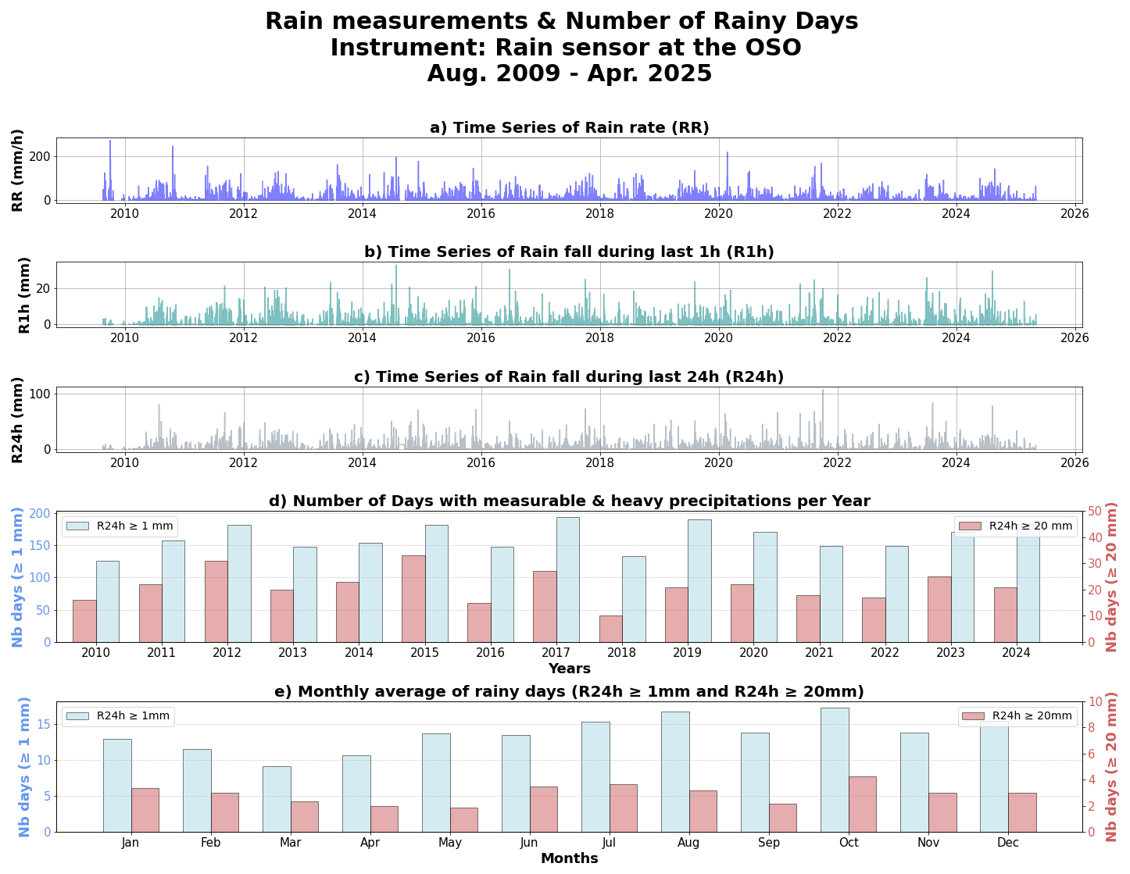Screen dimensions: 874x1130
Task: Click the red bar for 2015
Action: (413, 598)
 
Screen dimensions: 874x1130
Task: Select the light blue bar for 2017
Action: (568, 580)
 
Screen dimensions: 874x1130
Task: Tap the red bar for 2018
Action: (611, 629)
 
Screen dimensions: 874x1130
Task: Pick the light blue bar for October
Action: (835, 769)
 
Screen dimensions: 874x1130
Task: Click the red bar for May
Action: (464, 819)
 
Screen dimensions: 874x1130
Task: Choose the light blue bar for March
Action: (277, 799)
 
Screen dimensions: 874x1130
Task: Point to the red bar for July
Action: (624, 808)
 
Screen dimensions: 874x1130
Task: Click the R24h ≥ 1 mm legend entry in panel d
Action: (121, 526)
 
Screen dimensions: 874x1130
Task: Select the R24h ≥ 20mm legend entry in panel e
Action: (1017, 716)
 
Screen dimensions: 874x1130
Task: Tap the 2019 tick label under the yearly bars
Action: (688, 653)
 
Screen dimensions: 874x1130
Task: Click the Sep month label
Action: (769, 843)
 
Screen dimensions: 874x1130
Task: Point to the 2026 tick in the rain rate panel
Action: (1075, 213)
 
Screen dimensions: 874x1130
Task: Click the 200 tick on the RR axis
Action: (40, 156)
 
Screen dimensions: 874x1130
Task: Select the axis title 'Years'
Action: (569, 669)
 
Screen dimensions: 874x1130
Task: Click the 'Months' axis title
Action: (569, 858)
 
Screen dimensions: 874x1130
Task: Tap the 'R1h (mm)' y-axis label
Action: (24, 294)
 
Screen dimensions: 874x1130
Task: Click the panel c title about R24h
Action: (569, 377)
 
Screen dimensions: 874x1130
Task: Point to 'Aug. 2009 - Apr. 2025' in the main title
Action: (569, 73)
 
